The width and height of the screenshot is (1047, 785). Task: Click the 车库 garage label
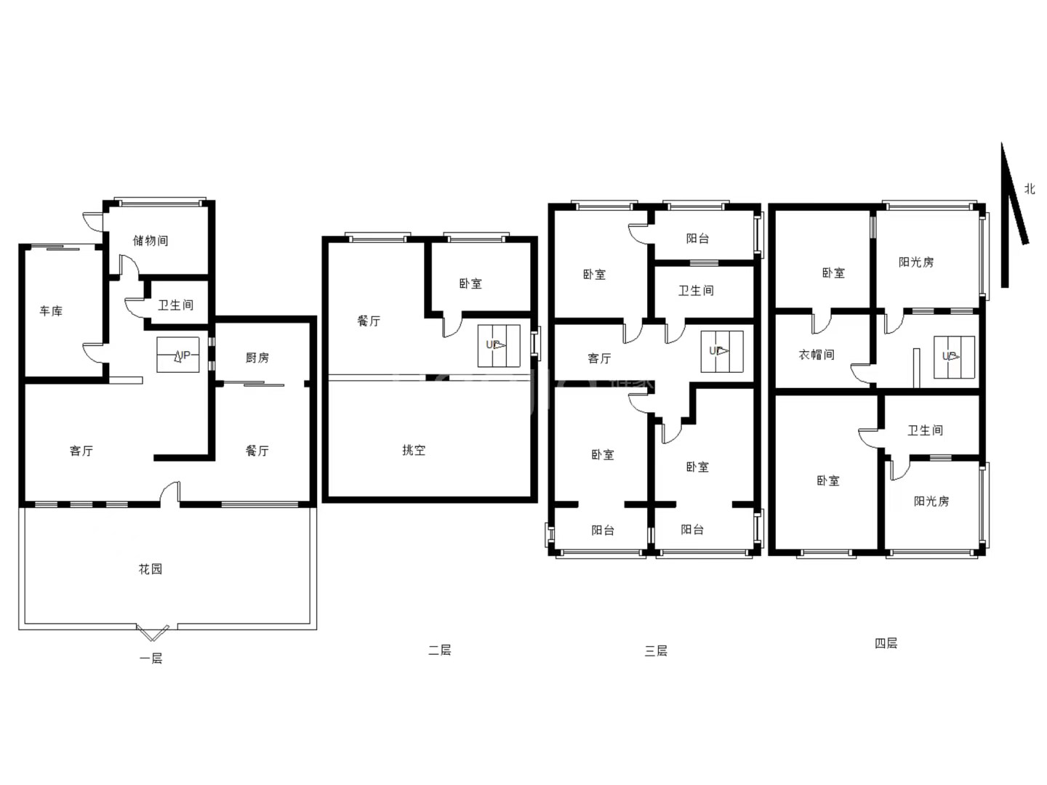[51, 311]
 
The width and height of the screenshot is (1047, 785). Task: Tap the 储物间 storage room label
[151, 241]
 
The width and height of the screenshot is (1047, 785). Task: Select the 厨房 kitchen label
[257, 358]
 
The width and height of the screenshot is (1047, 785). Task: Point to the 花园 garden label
[151, 568]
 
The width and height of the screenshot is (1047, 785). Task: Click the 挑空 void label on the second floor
[414, 450]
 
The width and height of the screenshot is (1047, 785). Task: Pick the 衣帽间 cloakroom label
[816, 355]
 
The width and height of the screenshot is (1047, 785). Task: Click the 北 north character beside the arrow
[1030, 189]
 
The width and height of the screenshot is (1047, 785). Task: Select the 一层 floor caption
[151, 659]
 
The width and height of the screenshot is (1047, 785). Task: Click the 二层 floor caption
[439, 650]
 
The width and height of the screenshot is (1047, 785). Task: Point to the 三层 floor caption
[656, 651]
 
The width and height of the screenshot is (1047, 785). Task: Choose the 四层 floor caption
[886, 643]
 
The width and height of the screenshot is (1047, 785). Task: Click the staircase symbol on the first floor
[178, 355]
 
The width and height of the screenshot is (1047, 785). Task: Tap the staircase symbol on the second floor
[499, 346]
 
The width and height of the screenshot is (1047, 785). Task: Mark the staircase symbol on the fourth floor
[954, 358]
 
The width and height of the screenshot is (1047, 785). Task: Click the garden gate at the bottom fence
[153, 632]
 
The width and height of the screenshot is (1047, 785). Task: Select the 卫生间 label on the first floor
[175, 305]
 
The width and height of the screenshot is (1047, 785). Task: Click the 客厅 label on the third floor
[599, 358]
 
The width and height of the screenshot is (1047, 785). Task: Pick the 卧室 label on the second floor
[470, 284]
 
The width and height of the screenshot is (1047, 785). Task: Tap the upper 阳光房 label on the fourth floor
[916, 262]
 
